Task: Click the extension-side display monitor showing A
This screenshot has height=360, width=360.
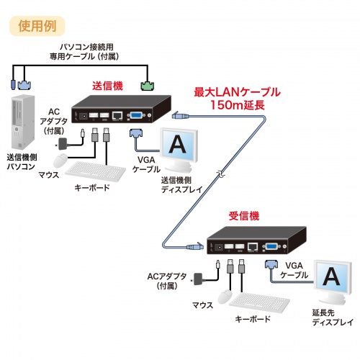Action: pos(330,280)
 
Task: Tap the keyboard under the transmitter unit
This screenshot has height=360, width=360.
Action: pos(94,171)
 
